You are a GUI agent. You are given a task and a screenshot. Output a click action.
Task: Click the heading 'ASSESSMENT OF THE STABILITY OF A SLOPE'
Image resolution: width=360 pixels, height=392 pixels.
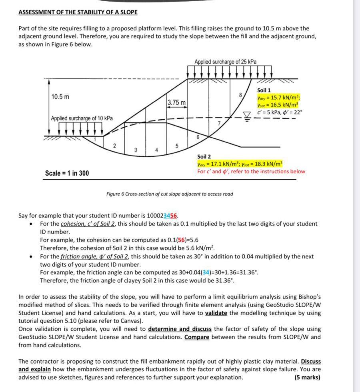(x=78, y=12)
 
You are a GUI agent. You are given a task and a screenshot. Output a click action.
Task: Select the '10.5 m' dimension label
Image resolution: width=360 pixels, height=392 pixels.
(x=60, y=97)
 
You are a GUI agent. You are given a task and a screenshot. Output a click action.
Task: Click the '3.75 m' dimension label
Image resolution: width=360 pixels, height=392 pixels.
(x=176, y=103)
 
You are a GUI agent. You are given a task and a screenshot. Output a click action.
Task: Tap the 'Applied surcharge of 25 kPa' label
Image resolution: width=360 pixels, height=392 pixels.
(x=226, y=62)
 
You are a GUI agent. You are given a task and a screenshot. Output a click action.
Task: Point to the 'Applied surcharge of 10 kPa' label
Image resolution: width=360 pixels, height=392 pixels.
(x=82, y=118)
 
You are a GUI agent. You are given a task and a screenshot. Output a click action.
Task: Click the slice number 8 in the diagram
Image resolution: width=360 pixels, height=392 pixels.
(x=240, y=95)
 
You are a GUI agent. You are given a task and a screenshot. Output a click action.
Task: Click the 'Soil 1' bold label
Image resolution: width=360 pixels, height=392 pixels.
(x=264, y=90)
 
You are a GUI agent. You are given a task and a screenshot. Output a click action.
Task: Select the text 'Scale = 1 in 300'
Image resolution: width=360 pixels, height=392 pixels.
(x=67, y=173)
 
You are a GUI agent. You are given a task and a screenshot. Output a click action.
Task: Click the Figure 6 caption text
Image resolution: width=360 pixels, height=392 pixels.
(x=170, y=194)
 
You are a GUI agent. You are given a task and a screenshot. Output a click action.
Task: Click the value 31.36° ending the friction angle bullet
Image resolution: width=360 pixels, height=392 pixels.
(x=224, y=280)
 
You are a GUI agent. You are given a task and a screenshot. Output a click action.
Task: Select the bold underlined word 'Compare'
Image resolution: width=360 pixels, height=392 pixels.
(x=197, y=337)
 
